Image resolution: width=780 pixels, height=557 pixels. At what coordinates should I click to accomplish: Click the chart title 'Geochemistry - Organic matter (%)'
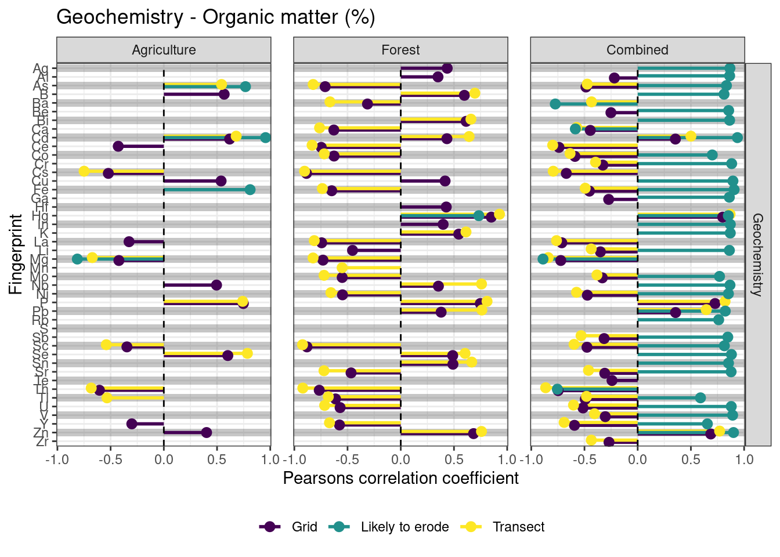coord(215,17)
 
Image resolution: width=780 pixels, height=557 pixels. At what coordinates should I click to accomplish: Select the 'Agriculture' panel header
coord(164,50)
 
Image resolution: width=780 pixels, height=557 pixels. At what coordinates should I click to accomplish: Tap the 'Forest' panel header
coord(400,50)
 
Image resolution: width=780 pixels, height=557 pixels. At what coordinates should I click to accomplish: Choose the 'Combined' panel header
coord(637,50)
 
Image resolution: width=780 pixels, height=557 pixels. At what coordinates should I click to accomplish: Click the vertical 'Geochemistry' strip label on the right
coord(757,255)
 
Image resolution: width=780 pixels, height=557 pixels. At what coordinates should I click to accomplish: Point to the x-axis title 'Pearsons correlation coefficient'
coord(400,478)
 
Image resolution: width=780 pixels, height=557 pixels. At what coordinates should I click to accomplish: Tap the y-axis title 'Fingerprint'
coord(16,255)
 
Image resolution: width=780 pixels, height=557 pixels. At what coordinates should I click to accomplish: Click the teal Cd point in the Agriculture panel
coord(266,138)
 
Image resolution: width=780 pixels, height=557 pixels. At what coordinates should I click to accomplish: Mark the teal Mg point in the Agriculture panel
coord(77,259)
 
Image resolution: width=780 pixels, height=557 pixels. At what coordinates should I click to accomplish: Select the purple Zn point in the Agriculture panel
coord(206,432)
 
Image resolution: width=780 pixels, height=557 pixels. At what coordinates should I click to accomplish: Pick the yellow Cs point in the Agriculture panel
coord(84,171)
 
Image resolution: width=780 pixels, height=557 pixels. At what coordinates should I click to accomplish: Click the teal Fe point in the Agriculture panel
coord(250,189)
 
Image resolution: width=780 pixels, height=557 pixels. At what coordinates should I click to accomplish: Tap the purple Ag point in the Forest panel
coord(447,68)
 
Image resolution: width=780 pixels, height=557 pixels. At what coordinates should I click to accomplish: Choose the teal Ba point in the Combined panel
coord(555,104)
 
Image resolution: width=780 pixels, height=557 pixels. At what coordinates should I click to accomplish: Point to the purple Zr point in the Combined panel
coord(609,442)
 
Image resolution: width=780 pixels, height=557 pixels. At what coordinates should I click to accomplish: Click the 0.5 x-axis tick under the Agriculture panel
coord(217,460)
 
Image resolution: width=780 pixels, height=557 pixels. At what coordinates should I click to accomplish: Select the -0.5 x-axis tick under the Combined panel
coord(584,460)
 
